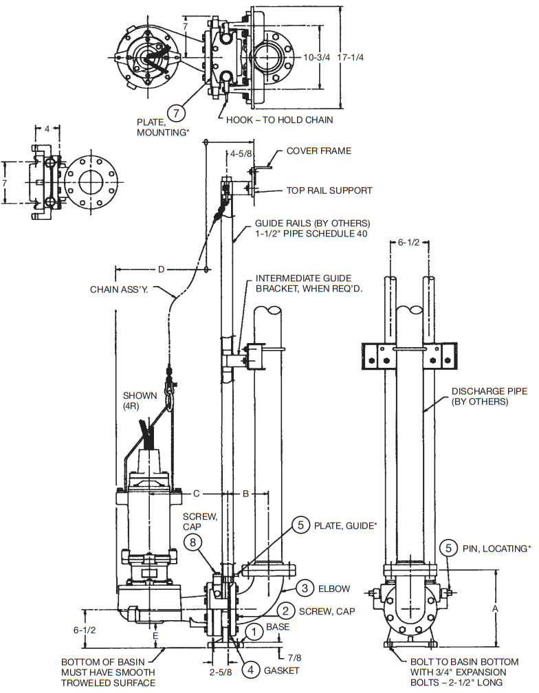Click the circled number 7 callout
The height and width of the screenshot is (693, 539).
pos(177,111)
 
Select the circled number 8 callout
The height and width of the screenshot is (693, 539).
pos(195,542)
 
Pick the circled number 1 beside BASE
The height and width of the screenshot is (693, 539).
pos(254,628)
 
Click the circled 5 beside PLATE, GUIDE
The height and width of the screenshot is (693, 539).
pos(300,525)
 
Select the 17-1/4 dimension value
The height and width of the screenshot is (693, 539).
pos(351,57)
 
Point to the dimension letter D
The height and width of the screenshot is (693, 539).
pos(161,269)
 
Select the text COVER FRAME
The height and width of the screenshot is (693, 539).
pos(319,151)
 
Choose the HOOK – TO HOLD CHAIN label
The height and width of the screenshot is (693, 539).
pos(280,120)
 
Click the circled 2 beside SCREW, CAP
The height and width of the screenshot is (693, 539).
pos(283,610)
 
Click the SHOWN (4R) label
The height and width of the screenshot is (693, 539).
pos(140,400)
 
